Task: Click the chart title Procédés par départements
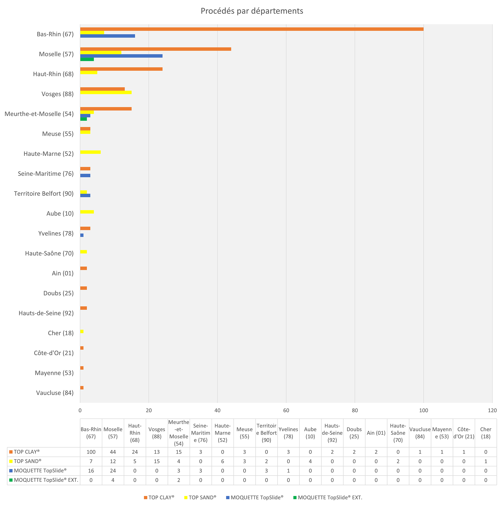pos(252,11)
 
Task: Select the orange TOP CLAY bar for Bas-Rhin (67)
pos(252,29)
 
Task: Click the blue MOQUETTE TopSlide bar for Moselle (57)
pos(121,56)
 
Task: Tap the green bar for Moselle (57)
pos(87,59)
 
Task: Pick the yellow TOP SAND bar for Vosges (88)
pos(106,92)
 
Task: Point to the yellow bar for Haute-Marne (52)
pos(90,152)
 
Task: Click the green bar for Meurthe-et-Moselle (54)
pos(83,119)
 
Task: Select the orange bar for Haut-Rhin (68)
pos(121,69)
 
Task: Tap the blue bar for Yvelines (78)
pos(82,235)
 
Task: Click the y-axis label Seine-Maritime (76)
pos(46,174)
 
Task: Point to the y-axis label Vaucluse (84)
pos(55,393)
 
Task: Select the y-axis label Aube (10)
pos(60,214)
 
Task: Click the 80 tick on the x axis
pos(355,411)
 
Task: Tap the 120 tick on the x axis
pos(492,411)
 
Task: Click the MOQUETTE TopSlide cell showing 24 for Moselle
pos(113,471)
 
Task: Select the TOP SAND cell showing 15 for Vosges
pos(156,461)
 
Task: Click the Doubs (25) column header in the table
pos(354,433)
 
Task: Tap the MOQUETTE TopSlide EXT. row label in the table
pos(46,480)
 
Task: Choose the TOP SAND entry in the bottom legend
pos(202,498)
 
